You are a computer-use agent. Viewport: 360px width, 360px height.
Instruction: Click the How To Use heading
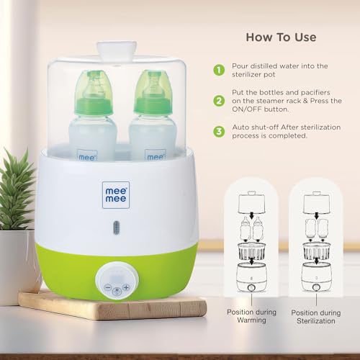click(281, 37)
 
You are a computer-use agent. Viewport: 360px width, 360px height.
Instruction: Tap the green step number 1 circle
click(219, 70)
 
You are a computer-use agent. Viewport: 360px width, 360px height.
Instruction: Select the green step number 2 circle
click(219, 101)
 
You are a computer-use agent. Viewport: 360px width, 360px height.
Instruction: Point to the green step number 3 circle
click(219, 132)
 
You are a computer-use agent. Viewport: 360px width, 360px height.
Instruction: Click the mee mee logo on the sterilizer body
click(116, 195)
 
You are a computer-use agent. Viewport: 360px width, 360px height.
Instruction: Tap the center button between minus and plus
click(117, 291)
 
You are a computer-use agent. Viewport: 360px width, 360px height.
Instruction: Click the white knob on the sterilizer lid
click(117, 49)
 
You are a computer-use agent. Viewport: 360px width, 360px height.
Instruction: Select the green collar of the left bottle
click(94, 107)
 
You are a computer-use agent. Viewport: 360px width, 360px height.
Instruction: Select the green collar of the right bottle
click(153, 107)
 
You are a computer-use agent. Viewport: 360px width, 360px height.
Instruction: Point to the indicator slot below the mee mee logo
click(116, 228)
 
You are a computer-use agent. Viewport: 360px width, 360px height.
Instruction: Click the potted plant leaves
click(17, 189)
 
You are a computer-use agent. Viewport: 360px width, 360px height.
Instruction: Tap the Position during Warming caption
click(251, 316)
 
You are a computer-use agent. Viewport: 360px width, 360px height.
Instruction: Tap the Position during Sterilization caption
click(316, 317)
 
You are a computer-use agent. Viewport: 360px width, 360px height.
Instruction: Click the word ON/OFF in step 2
click(247, 109)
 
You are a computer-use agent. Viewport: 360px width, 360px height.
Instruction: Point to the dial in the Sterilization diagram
click(316, 287)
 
